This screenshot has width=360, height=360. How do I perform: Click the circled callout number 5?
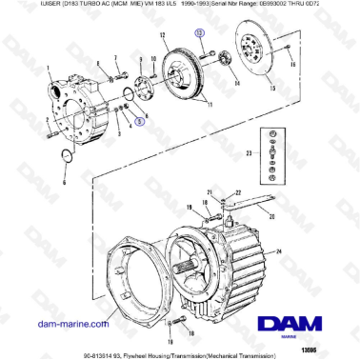pyautogui.click(x=141, y=122)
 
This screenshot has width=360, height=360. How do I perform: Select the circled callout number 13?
pyautogui.click(x=200, y=32)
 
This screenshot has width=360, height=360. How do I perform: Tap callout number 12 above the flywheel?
pyautogui.click(x=164, y=34)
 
